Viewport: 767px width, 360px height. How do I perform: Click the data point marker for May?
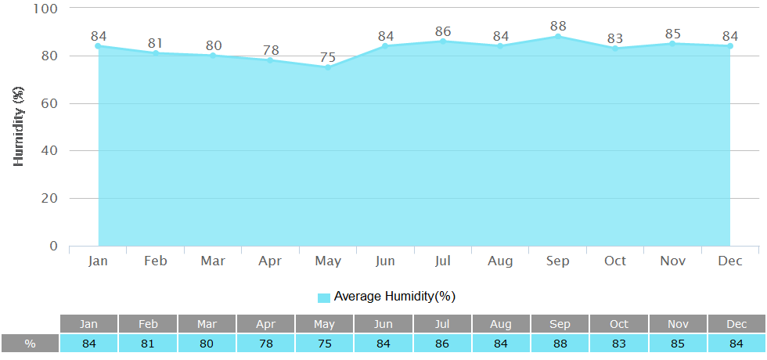click(328, 67)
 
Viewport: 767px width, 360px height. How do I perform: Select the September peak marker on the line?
click(558, 36)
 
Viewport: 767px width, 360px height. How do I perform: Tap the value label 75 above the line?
click(328, 57)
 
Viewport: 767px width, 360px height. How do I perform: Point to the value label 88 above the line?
click(558, 27)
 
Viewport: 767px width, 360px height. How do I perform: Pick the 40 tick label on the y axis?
click(49, 151)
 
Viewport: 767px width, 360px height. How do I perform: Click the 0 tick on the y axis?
click(54, 246)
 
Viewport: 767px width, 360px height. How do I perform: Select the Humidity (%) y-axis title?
click(20, 126)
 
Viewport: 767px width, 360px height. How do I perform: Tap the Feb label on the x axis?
click(156, 261)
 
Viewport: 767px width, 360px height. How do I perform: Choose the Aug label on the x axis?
click(500, 261)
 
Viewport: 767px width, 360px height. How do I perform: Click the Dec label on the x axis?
click(730, 261)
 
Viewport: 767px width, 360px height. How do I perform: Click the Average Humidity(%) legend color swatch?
click(324, 297)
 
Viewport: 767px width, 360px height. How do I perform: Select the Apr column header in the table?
click(265, 324)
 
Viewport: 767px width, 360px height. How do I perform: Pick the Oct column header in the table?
click(619, 324)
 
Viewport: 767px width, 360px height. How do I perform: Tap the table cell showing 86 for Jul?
click(442, 344)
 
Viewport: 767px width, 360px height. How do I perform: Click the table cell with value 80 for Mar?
click(207, 344)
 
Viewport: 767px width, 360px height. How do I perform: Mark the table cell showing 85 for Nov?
click(678, 344)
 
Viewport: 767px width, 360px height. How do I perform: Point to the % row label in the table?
click(30, 344)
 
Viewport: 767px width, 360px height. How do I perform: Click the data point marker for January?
click(99, 46)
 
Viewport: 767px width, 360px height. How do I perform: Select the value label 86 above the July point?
click(443, 31)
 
